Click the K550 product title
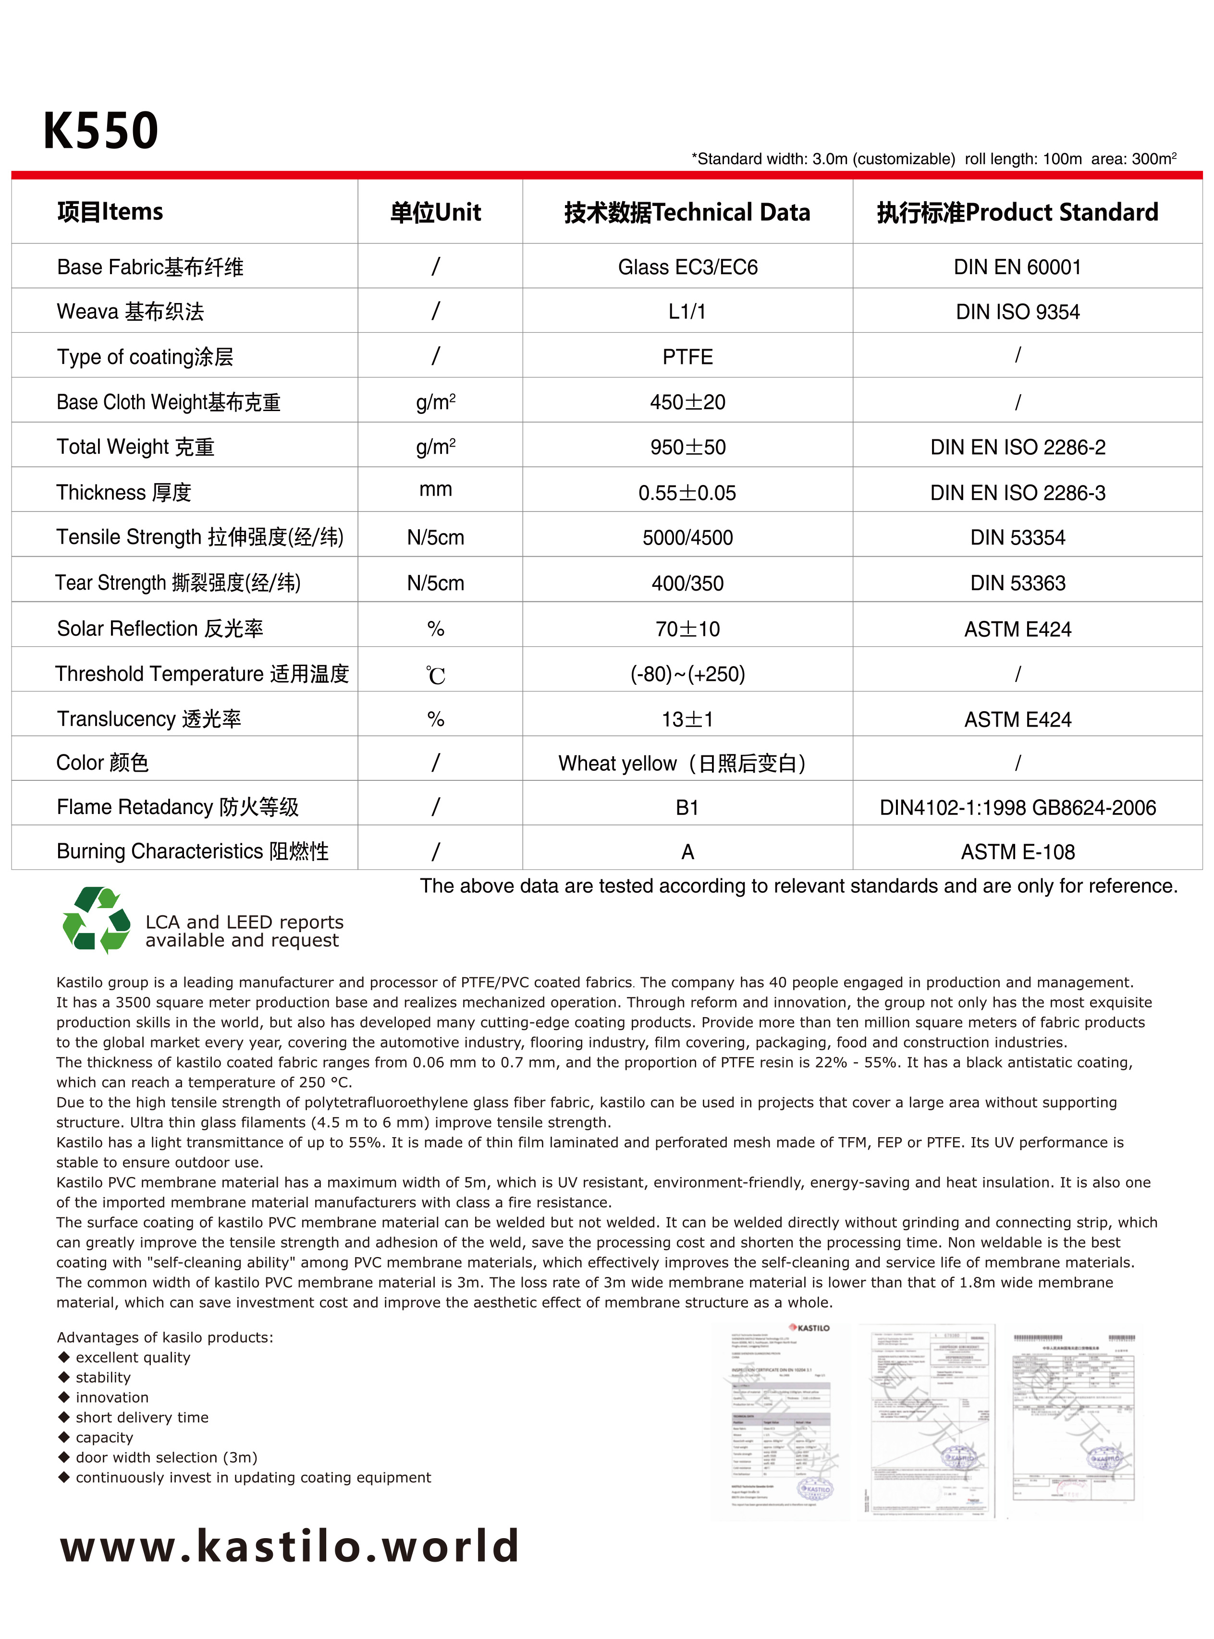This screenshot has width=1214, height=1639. (x=101, y=131)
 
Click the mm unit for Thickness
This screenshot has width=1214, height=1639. (x=435, y=490)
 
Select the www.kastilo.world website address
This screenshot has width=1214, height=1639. (x=290, y=1545)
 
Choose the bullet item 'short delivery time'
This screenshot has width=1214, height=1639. (x=142, y=1417)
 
